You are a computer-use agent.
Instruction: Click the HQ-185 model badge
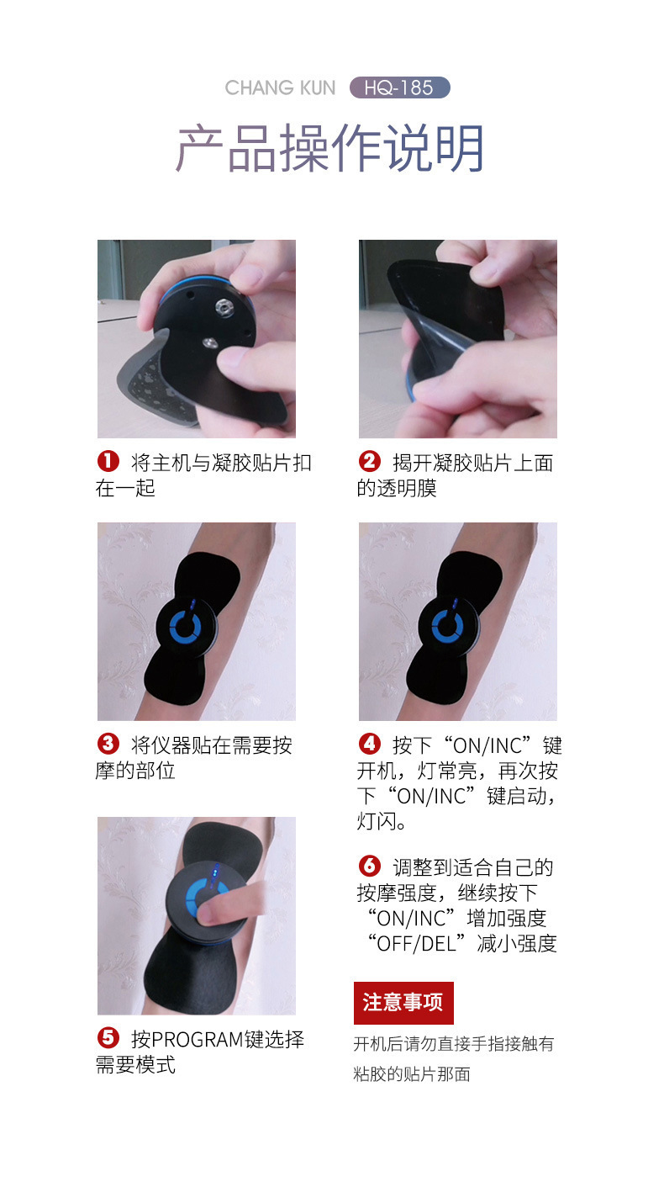(399, 87)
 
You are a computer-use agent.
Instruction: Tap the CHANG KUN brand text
(280, 87)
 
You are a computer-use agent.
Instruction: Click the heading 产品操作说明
(329, 148)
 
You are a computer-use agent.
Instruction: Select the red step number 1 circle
(108, 461)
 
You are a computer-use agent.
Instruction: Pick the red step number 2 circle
(370, 461)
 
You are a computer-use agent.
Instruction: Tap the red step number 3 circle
(108, 744)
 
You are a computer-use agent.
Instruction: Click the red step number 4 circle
(370, 744)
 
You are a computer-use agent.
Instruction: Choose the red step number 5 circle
(108, 1037)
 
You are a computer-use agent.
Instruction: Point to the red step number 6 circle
(370, 866)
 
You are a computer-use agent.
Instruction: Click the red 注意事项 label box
(403, 1003)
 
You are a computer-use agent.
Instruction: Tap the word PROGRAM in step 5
(198, 1040)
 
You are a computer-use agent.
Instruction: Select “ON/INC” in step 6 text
(410, 918)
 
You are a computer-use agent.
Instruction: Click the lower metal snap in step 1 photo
(210, 343)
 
